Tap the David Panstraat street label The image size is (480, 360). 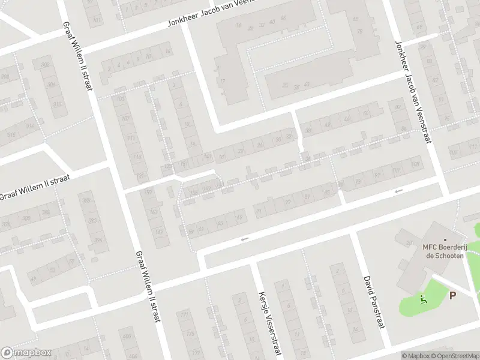coord(371,302)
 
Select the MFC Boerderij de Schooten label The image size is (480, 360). coord(443,251)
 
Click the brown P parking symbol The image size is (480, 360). coord(452,295)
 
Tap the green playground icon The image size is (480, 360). coord(424,299)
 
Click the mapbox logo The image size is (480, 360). coord(26,353)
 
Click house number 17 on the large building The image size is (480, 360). coord(221,82)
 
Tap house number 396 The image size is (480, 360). coord(97,241)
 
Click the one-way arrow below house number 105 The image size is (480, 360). coord(398,191)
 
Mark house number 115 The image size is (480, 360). coord(137,158)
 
